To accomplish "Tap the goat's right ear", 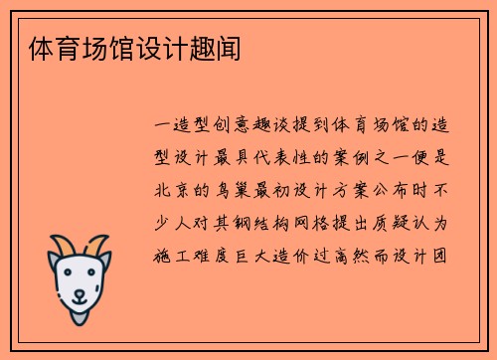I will point(107,262).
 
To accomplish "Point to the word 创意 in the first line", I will point(237,126).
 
